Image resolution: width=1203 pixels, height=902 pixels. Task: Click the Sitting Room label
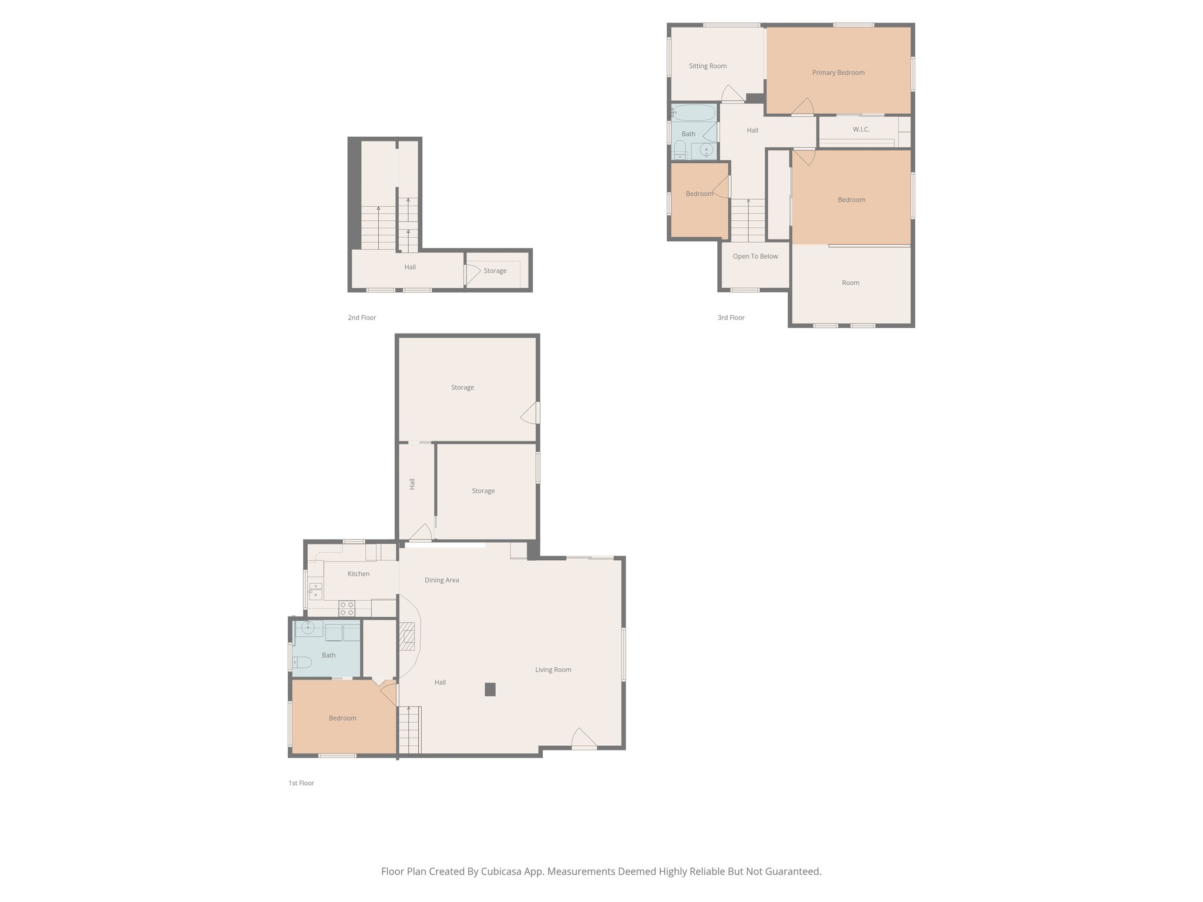pos(707,66)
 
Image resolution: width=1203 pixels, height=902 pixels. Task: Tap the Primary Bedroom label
pos(838,73)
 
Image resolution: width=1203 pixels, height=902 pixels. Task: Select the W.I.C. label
pos(861,129)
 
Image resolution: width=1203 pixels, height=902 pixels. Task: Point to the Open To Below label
pos(755,257)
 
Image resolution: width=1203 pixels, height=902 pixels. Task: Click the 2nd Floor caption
pos(361,318)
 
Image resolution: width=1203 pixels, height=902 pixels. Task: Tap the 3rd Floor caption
pos(731,318)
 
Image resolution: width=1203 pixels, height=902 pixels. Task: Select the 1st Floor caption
pos(301,783)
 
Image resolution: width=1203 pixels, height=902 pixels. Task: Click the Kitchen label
pos(358,574)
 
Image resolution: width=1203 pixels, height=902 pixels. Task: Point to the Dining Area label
pos(442,580)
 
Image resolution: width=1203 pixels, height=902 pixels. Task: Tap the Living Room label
pos(553,669)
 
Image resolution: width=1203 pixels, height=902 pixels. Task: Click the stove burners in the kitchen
pos(347,608)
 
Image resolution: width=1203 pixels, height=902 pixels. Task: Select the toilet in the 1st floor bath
pos(302,662)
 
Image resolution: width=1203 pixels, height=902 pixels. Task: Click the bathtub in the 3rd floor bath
pos(694,112)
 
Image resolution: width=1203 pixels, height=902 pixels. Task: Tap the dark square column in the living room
pos(490,689)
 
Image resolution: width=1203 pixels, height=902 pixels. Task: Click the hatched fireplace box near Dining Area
pos(407,637)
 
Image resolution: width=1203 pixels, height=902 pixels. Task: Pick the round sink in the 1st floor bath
pos(307,628)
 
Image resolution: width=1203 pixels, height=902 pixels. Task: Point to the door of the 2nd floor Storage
pos(471,275)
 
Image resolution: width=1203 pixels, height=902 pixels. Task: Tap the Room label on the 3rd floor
pos(850,283)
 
